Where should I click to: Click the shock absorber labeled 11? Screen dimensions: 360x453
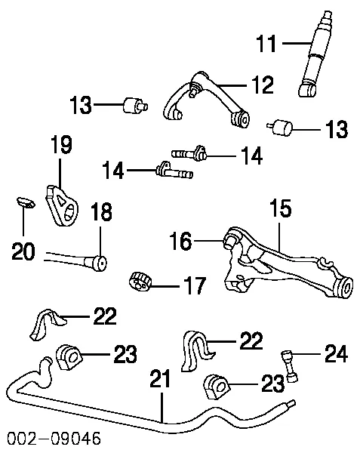315,54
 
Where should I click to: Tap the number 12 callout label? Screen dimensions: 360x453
263,85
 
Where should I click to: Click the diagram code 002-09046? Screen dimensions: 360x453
54,438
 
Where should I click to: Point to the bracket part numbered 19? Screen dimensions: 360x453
62,206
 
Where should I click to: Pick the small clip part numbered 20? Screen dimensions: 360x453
26,202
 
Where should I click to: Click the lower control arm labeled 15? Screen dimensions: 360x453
289,263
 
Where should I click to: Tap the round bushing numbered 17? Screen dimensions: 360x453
140,282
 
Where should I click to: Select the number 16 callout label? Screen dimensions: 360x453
180,241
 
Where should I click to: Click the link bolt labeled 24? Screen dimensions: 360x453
289,366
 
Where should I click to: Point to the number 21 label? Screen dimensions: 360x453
161,379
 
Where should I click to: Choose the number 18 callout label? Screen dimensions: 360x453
101,211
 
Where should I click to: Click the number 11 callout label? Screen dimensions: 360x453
266,44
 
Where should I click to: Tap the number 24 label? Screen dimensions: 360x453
336,353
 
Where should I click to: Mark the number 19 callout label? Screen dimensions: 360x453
61,145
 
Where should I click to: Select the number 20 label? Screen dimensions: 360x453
23,251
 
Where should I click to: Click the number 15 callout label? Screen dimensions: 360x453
281,208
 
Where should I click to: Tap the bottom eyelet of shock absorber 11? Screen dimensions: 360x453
306,90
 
